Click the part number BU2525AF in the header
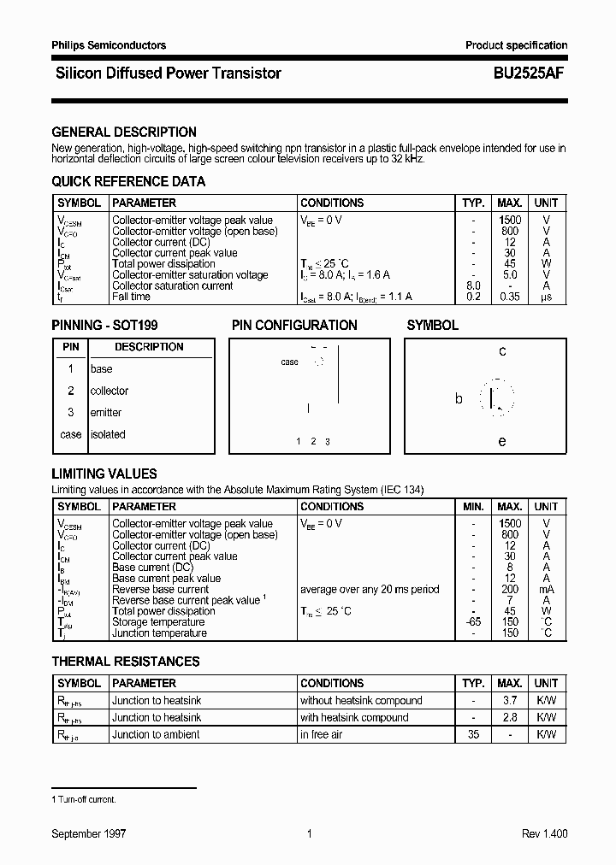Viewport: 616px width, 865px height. point(528,74)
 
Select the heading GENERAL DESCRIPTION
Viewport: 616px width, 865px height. point(124,132)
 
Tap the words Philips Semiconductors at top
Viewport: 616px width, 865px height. point(109,45)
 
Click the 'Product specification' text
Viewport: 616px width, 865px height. point(516,45)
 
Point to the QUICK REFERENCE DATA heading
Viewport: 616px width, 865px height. point(128,182)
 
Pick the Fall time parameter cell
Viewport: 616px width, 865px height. point(131,297)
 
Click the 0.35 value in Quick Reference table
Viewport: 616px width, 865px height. point(510,297)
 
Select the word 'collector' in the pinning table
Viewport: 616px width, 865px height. point(110,391)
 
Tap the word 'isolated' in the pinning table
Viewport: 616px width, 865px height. point(108,434)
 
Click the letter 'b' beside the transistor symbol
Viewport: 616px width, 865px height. point(459,398)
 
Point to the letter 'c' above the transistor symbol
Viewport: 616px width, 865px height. point(502,351)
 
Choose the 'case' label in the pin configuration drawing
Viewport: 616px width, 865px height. point(290,362)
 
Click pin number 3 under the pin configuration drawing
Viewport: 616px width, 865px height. point(328,442)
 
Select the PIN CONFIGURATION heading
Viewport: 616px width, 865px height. point(294,326)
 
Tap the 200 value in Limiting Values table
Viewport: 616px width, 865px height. point(510,590)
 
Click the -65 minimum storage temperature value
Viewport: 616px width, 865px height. point(473,622)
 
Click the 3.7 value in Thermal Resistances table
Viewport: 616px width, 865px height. point(510,701)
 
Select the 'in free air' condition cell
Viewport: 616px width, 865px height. point(321,735)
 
